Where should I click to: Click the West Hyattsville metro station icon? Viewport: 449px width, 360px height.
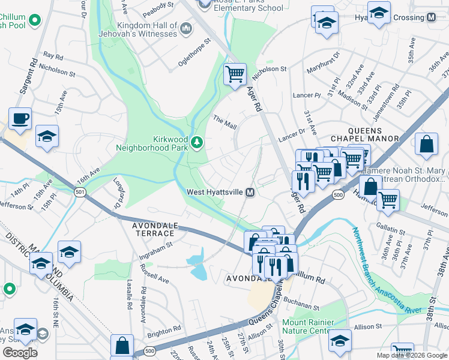pos(250,192)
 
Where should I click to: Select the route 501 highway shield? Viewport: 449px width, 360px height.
pos(79,192)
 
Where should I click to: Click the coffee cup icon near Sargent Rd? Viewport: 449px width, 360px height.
pos(20,118)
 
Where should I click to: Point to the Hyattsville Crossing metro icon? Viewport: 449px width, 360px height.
pos(431,17)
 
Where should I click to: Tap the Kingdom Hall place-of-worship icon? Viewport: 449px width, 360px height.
pos(186,28)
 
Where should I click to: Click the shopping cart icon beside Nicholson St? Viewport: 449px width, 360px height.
pos(235,74)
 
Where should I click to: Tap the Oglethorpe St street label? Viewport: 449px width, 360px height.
pos(195,53)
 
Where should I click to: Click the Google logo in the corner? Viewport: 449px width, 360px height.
pos(19,353)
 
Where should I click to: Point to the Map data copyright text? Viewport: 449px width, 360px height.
pos(412,355)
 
